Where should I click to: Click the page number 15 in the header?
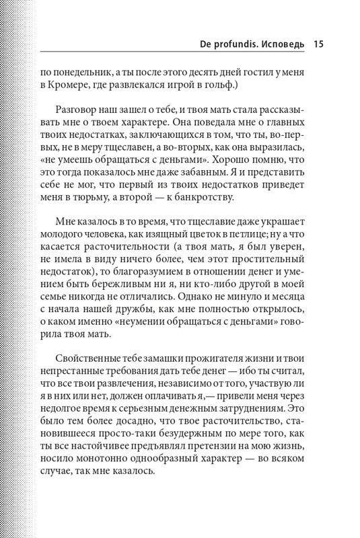(x=319, y=45)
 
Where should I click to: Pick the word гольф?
(x=224, y=91)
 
